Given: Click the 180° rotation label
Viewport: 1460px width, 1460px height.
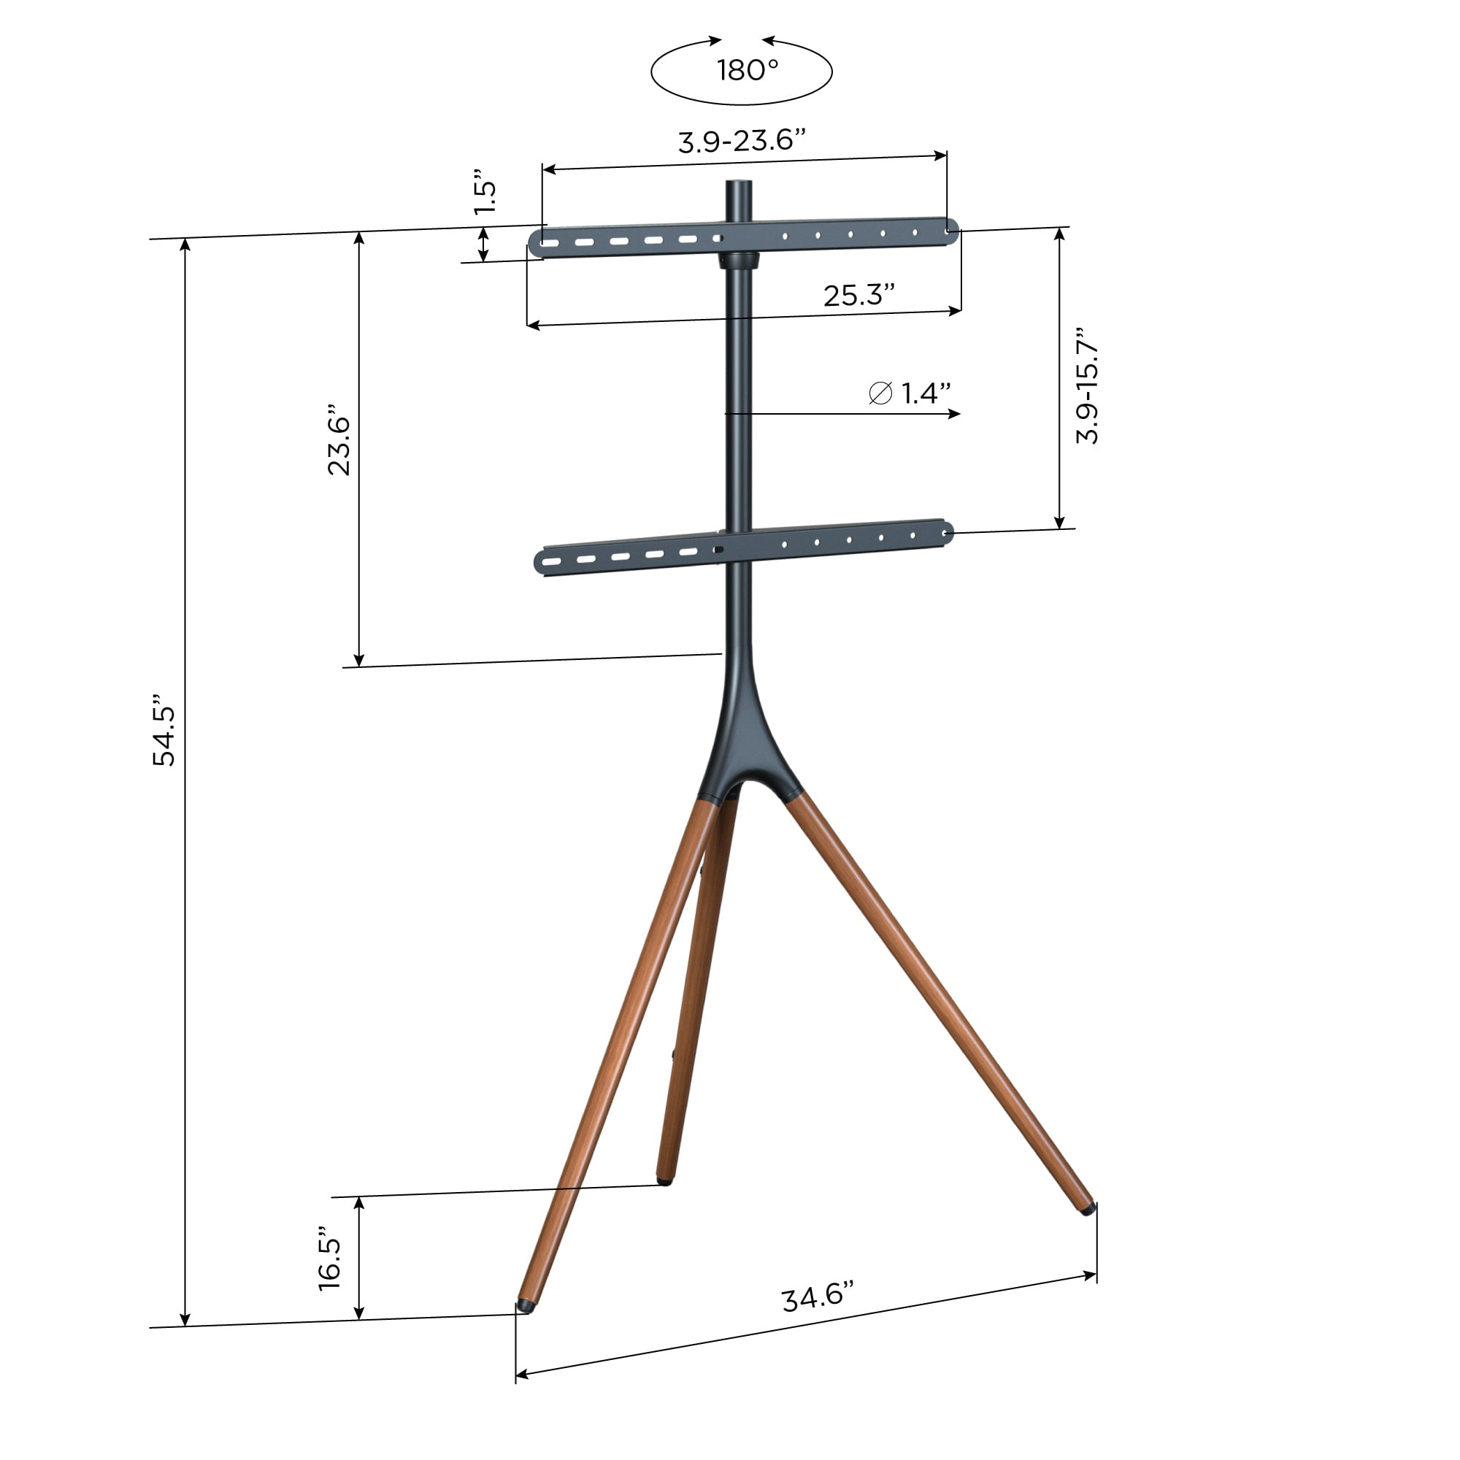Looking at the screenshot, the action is point(748,70).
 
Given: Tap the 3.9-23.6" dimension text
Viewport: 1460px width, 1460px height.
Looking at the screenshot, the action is point(742,140).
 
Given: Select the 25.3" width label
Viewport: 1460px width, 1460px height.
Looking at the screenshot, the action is point(859,295).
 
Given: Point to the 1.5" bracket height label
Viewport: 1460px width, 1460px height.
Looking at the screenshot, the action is point(486,196).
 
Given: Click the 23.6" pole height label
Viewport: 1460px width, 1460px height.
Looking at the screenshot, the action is point(339,445).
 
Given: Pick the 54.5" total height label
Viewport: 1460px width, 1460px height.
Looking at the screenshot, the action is point(164,729).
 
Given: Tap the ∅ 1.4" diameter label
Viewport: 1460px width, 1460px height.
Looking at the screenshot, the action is point(909,393).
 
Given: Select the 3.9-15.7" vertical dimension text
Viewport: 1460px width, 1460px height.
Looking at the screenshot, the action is point(1087,385).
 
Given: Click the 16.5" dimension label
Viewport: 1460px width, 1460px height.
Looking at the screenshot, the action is point(329,1259).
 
